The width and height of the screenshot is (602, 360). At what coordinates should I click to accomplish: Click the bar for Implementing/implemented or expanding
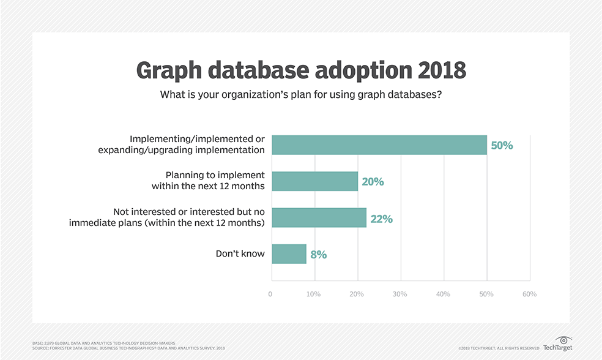[379, 145]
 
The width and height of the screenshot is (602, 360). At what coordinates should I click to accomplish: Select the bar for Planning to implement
[314, 181]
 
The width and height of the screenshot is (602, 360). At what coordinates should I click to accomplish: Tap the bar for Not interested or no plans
[319, 218]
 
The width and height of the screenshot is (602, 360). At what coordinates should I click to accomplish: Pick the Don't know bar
[289, 253]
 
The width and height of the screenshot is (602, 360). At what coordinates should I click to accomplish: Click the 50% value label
[501, 146]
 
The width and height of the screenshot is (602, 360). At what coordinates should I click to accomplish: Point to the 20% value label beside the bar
[372, 182]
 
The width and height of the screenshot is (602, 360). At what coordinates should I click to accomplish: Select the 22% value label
[381, 219]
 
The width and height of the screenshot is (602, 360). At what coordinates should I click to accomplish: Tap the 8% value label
[318, 254]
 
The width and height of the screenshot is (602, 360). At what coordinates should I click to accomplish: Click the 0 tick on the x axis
[270, 294]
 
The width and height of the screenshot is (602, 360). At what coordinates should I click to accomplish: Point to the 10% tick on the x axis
[313, 294]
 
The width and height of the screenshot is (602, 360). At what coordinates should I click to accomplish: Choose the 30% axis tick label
[399, 294]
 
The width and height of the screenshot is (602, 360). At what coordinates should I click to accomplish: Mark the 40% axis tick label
[443, 294]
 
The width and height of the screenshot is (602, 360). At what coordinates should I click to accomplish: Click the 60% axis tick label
[529, 294]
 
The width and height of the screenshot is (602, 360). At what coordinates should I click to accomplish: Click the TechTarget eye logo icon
[565, 340]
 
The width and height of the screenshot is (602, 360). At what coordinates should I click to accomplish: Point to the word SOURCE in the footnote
[40, 348]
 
